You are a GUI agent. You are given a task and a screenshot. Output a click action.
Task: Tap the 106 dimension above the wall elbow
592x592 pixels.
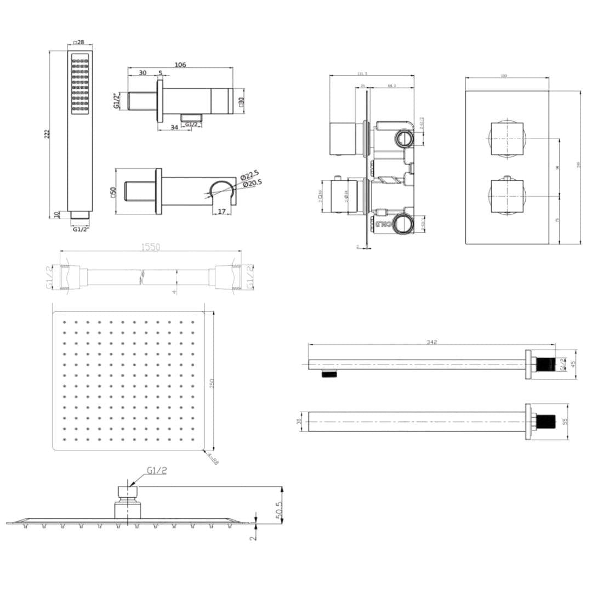[x=180, y=65]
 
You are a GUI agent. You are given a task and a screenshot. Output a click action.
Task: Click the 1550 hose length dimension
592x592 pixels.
[x=151, y=248]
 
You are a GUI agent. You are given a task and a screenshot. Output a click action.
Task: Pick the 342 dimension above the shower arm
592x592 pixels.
[x=431, y=342]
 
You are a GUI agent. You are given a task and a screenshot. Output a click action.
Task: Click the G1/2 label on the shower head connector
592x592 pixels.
[x=157, y=470]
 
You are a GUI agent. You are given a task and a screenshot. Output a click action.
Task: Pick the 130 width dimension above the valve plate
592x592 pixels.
[x=504, y=76]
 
